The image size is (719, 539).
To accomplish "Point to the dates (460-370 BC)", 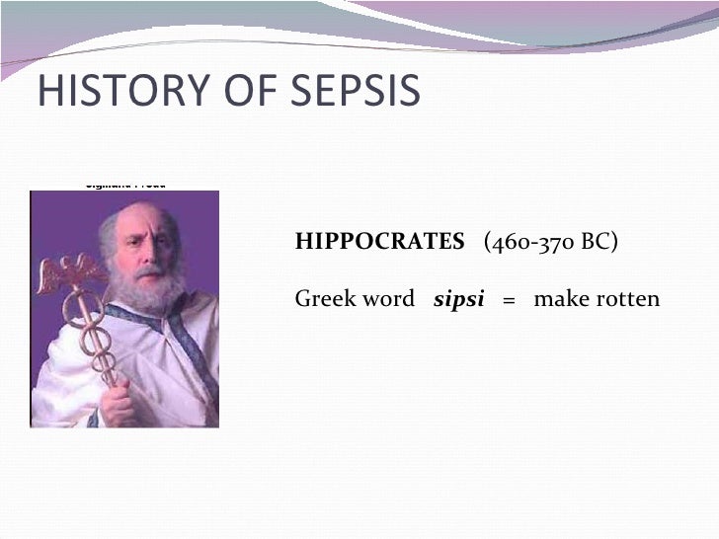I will (x=551, y=242).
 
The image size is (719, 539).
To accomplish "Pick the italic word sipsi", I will (x=459, y=299).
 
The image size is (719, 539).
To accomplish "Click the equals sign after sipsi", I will (x=509, y=299).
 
